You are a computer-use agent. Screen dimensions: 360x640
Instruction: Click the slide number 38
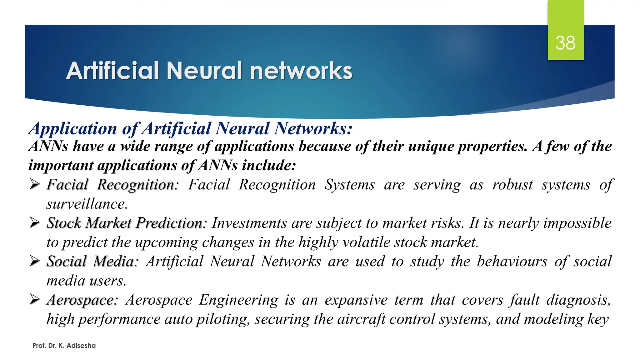[x=565, y=43]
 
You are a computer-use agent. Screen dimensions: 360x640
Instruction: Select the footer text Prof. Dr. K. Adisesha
[x=64, y=346]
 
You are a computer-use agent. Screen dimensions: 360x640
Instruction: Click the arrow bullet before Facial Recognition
[x=35, y=184]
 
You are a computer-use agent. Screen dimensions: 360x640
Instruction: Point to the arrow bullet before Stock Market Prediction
[x=35, y=222]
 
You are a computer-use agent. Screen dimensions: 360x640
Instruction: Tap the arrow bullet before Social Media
[x=35, y=261]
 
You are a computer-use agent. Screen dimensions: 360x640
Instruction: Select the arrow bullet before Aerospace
[x=35, y=299]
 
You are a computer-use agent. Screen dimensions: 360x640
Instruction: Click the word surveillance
[x=87, y=204]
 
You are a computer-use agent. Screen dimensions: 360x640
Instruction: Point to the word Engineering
[x=238, y=300]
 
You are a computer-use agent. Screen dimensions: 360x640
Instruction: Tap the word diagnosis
[x=578, y=300]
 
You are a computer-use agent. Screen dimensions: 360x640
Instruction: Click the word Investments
[x=249, y=223]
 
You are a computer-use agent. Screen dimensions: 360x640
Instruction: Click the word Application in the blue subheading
[x=72, y=128]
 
